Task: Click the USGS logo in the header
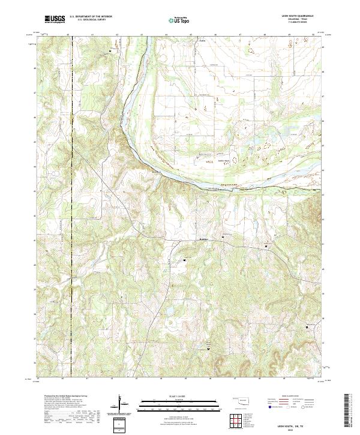point(55,19)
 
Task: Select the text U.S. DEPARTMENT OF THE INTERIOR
point(91,17)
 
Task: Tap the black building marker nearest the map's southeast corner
point(309,327)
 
